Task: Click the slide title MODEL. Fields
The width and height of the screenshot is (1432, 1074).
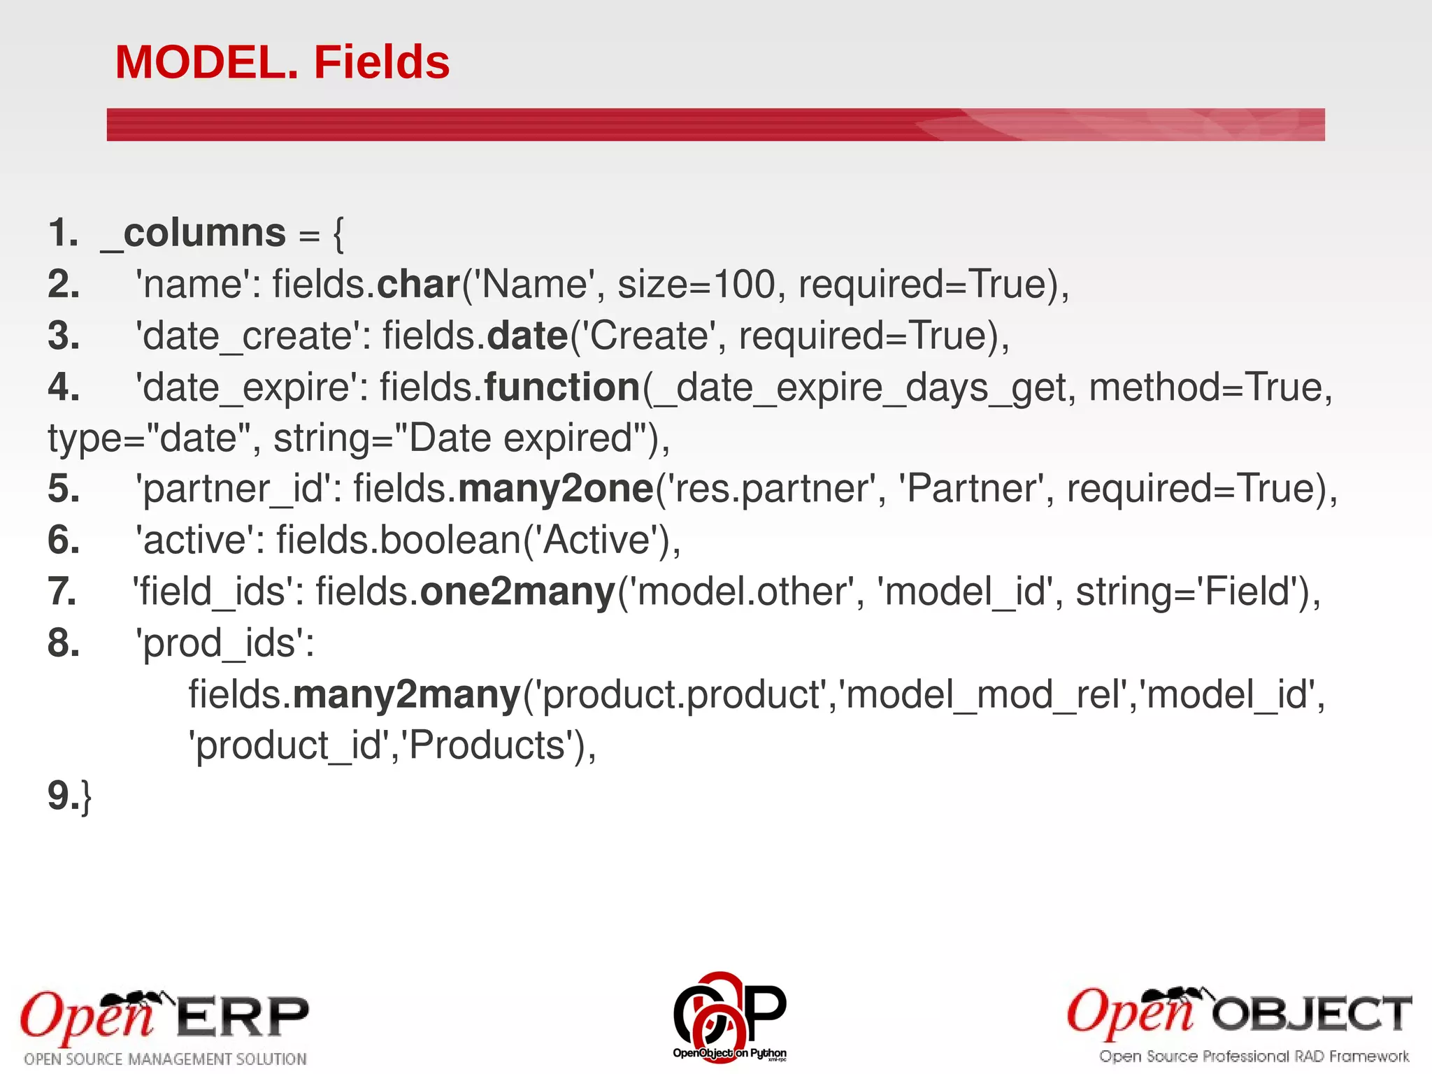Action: click(x=282, y=62)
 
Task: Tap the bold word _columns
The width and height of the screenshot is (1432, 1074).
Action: click(x=194, y=233)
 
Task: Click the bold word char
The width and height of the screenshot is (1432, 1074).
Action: click(x=418, y=285)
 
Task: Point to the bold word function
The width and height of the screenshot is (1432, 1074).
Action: click(x=562, y=387)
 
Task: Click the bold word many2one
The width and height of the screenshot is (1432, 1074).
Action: click(x=556, y=489)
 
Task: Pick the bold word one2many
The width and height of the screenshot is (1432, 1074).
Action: click(x=517, y=592)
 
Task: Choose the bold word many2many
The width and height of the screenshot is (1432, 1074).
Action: click(x=407, y=695)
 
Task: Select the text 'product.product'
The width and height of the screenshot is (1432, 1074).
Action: click(x=682, y=695)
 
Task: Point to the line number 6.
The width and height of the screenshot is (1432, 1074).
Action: click(x=63, y=540)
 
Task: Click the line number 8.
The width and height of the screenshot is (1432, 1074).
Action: click(x=63, y=643)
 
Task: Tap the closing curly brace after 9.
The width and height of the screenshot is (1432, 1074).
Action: click(x=86, y=797)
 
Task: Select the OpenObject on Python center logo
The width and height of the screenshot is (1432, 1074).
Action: click(x=729, y=1015)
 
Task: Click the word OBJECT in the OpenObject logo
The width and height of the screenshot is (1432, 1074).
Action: click(x=1311, y=1014)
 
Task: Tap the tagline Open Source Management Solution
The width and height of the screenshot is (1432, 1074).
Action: click(x=166, y=1059)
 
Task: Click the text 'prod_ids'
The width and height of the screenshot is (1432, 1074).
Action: click(x=224, y=643)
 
